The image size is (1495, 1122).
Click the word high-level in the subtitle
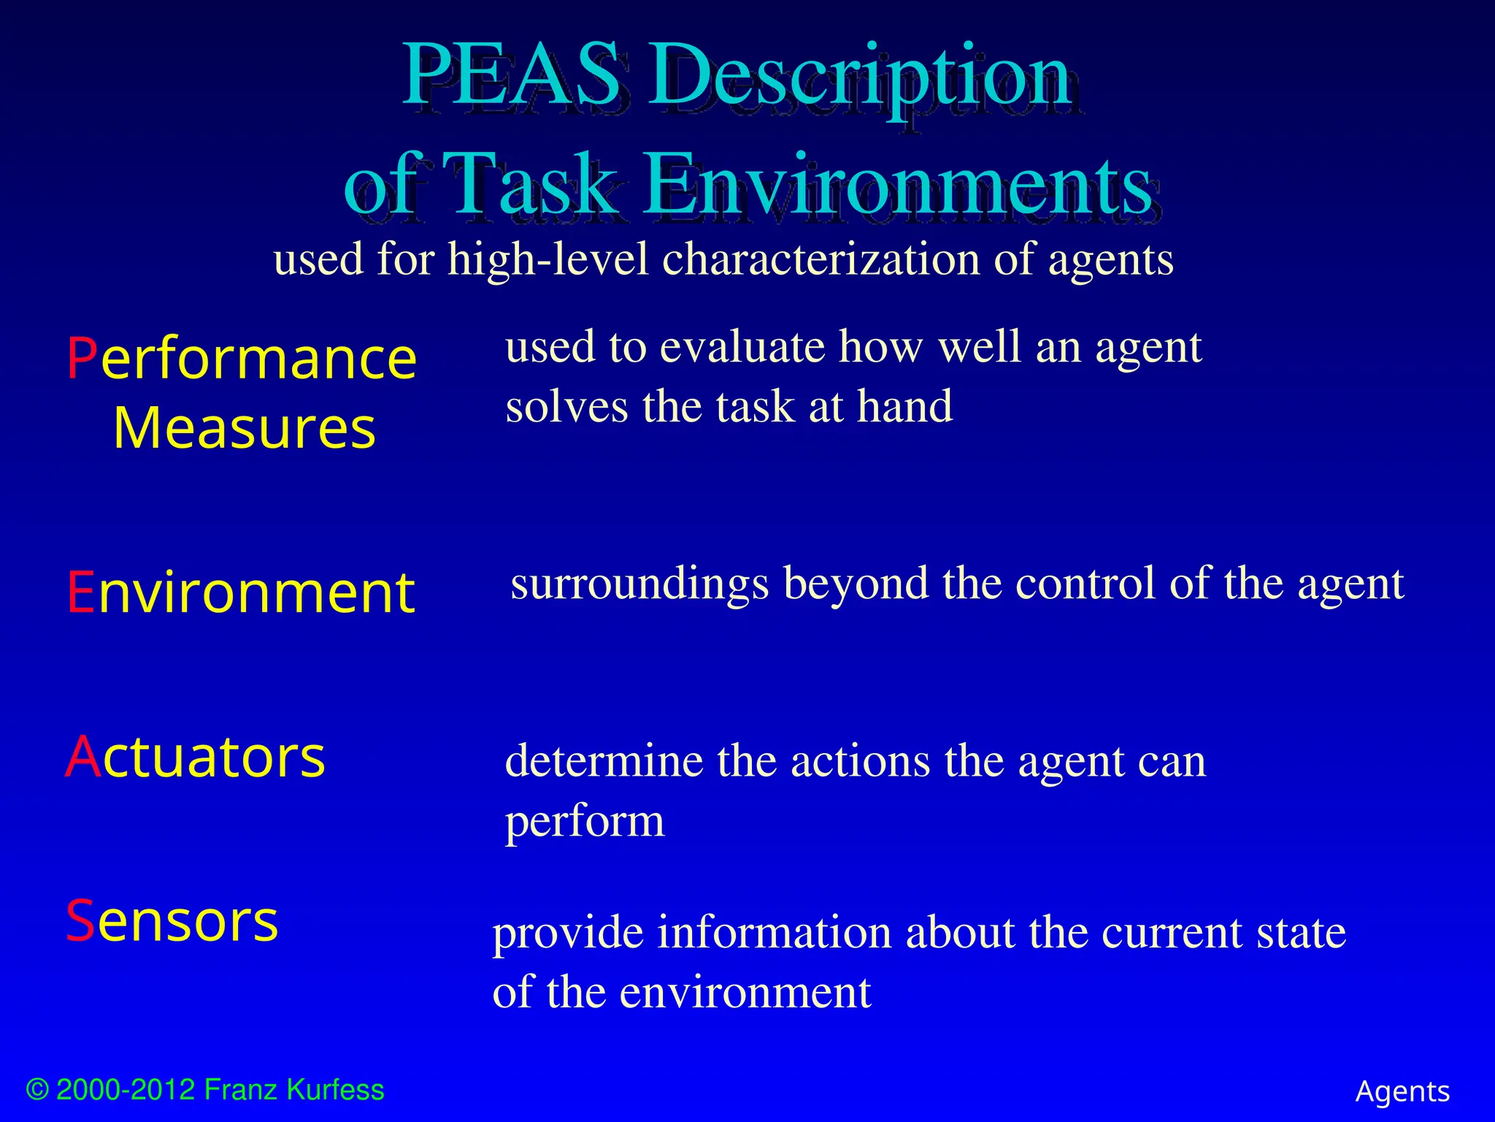click(x=548, y=260)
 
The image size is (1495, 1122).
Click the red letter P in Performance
click(x=82, y=359)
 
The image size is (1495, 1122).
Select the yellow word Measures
click(x=244, y=428)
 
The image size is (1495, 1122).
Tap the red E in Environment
click(x=80, y=592)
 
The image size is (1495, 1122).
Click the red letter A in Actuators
click(x=82, y=757)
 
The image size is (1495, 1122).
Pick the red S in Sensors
click(x=80, y=921)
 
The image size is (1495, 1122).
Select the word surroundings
click(x=639, y=584)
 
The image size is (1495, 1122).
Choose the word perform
click(x=585, y=823)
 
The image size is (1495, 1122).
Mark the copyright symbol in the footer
click(x=37, y=1090)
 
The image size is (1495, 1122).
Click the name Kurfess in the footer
click(x=335, y=1090)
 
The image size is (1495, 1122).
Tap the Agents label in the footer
click(x=1402, y=1092)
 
